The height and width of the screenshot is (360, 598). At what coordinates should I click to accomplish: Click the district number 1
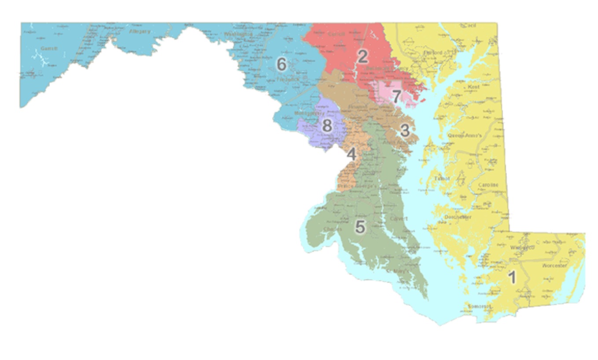tap(512, 277)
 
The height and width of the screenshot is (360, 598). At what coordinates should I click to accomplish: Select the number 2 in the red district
tap(362, 56)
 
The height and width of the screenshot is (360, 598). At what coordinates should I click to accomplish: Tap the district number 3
tap(404, 130)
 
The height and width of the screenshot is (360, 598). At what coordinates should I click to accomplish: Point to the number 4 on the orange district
tap(351, 154)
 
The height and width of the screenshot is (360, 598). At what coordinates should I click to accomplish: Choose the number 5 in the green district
tap(360, 227)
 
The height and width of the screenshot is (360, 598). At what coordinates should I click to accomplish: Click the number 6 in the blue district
tap(281, 65)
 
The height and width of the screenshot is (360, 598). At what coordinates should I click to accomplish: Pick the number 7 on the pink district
tap(396, 96)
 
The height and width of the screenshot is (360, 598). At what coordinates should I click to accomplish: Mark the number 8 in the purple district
tap(327, 126)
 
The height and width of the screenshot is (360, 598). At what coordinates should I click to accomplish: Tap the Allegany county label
tap(140, 32)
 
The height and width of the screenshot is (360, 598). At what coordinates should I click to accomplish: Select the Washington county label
tap(238, 34)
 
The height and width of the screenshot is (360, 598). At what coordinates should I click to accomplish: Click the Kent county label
tap(474, 87)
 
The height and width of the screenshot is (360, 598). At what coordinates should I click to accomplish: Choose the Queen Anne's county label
tap(462, 136)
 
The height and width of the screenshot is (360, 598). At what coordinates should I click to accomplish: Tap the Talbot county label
tap(442, 178)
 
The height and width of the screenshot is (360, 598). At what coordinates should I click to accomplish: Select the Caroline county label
tap(488, 185)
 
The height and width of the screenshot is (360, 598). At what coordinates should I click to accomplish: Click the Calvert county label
tap(399, 218)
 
